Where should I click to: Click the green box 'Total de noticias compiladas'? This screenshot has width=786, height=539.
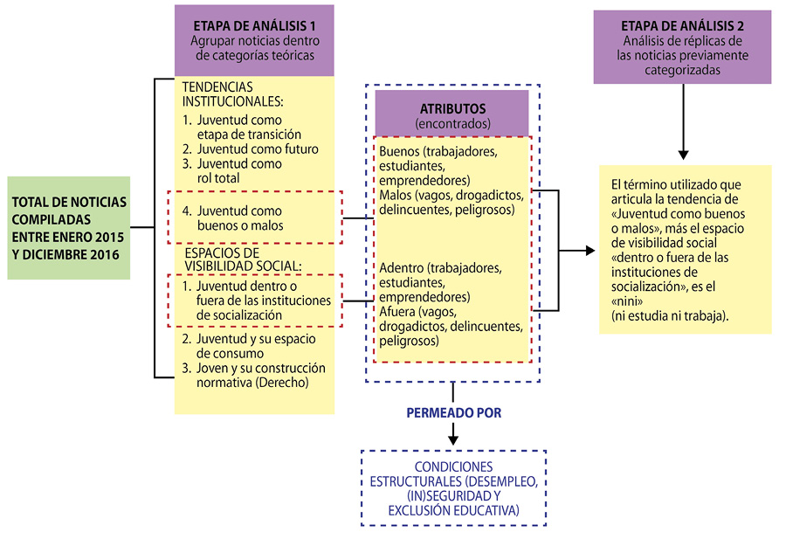69,227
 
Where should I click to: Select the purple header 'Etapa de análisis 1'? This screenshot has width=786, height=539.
253,41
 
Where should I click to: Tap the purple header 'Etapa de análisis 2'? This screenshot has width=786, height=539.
681,46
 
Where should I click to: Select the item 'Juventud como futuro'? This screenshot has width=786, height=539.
251,149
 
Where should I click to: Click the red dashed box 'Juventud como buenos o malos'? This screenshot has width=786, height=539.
253,218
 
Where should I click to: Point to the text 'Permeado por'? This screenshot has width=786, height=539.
454,412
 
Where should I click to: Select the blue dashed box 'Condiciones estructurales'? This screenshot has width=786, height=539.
453,487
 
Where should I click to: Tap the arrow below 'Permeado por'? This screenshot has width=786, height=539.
453,433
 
